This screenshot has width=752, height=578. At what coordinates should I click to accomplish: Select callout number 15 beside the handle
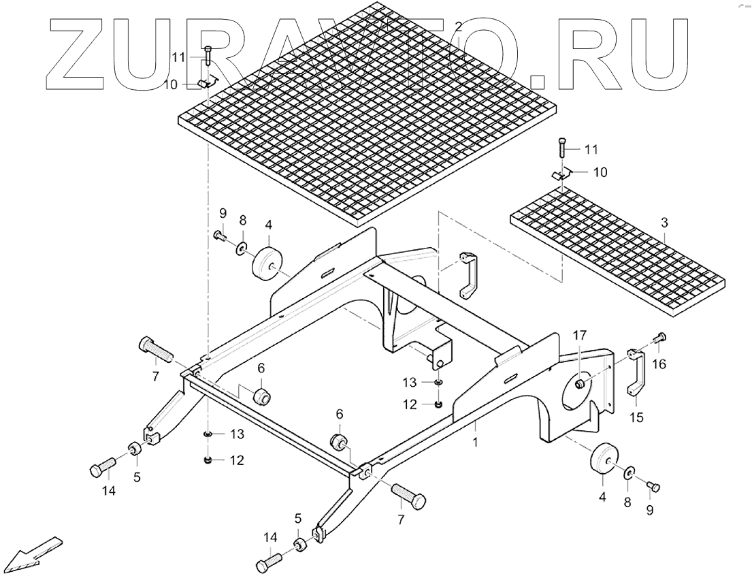636,417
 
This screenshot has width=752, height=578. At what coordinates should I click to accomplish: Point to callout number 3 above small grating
664,222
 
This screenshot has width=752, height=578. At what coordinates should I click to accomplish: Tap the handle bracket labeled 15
636,373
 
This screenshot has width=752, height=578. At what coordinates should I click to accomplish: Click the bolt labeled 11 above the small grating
561,148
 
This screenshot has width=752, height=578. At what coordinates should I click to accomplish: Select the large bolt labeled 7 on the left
154,351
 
